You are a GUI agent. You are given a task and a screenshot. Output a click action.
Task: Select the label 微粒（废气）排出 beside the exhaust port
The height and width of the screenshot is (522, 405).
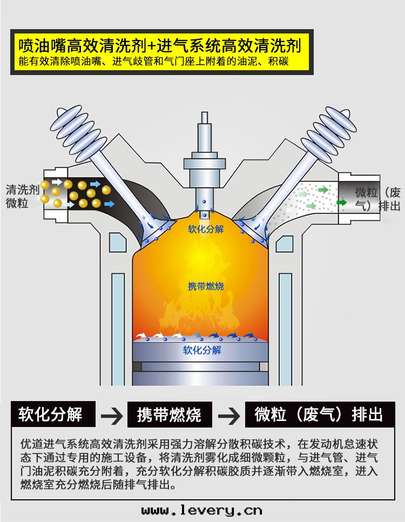tap(377, 199)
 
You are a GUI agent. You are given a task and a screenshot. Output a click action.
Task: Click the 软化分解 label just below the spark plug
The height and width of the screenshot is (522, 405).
tap(205, 229)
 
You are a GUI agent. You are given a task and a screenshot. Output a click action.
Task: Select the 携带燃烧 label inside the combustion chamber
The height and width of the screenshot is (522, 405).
tap(206, 286)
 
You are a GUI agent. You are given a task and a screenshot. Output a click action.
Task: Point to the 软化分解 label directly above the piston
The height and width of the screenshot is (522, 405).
tap(202, 350)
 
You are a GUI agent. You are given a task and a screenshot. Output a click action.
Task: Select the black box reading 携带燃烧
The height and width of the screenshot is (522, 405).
tap(169, 415)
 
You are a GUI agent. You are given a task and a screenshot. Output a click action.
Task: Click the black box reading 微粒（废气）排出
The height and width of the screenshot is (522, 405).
tap(319, 415)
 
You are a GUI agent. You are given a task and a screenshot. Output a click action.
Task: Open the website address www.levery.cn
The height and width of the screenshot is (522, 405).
tap(201, 510)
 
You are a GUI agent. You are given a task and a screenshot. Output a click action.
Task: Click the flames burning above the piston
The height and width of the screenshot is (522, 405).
tap(200, 318)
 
